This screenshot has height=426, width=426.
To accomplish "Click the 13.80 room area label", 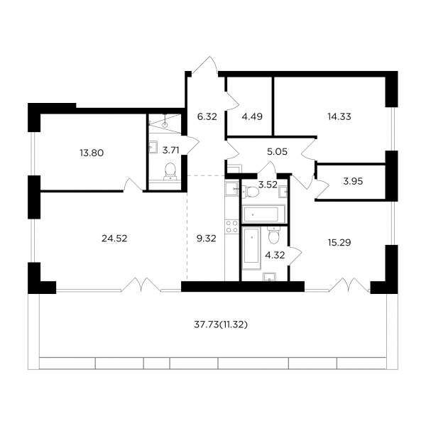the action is (92, 153).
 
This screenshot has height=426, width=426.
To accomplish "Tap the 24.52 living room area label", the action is (114, 239).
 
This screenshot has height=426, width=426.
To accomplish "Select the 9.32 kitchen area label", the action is (206, 239).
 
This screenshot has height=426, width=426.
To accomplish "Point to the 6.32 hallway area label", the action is (207, 117).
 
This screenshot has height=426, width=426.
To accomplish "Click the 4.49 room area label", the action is (252, 117).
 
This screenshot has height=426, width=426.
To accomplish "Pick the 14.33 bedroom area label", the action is (339, 117).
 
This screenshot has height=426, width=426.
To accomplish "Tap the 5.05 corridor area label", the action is (277, 152).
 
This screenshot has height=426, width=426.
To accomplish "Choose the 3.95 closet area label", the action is (353, 181).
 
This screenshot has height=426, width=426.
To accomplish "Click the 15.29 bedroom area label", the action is (339, 242).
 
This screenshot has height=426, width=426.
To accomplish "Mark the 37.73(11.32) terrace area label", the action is (221, 324).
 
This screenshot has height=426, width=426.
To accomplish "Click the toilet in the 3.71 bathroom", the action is (170, 171).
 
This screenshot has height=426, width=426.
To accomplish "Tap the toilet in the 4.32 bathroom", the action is (273, 235).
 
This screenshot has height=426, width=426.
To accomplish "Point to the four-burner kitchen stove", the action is (231, 226).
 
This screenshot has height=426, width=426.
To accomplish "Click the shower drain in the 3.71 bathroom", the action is (165, 125).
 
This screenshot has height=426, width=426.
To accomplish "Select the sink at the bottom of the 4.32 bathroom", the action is (269, 276).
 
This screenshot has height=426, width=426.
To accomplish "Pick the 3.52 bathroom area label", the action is (268, 185).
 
